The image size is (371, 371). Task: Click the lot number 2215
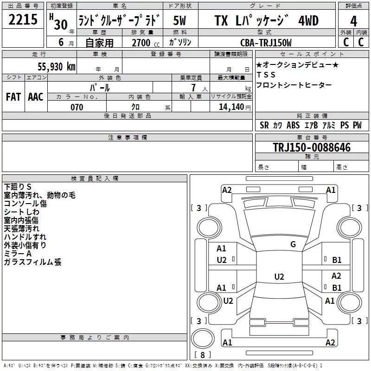(x=23, y=19)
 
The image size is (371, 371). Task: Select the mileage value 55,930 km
(x=57, y=67)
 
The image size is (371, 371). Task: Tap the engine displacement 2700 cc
(x=146, y=43)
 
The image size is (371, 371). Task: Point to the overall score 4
(x=353, y=21)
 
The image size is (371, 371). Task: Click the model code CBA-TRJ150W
(x=266, y=43)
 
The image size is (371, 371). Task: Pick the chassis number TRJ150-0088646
(x=312, y=147)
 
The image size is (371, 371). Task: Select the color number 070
(x=77, y=107)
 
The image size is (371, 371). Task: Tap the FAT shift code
(x=13, y=97)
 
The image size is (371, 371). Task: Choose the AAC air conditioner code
(x=36, y=97)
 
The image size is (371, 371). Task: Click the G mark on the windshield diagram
(x=293, y=244)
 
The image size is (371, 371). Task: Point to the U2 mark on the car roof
(x=279, y=276)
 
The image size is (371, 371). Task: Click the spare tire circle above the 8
(x=203, y=339)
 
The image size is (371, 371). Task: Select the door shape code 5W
(x=179, y=20)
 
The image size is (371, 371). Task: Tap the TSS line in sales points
(x=266, y=75)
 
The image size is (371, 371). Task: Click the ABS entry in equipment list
(x=293, y=125)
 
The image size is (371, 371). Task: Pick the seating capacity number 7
(x=193, y=88)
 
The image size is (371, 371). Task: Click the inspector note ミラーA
(x=18, y=254)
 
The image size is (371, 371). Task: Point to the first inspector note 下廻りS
(x=18, y=187)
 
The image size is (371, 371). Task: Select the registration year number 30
(x=61, y=25)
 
